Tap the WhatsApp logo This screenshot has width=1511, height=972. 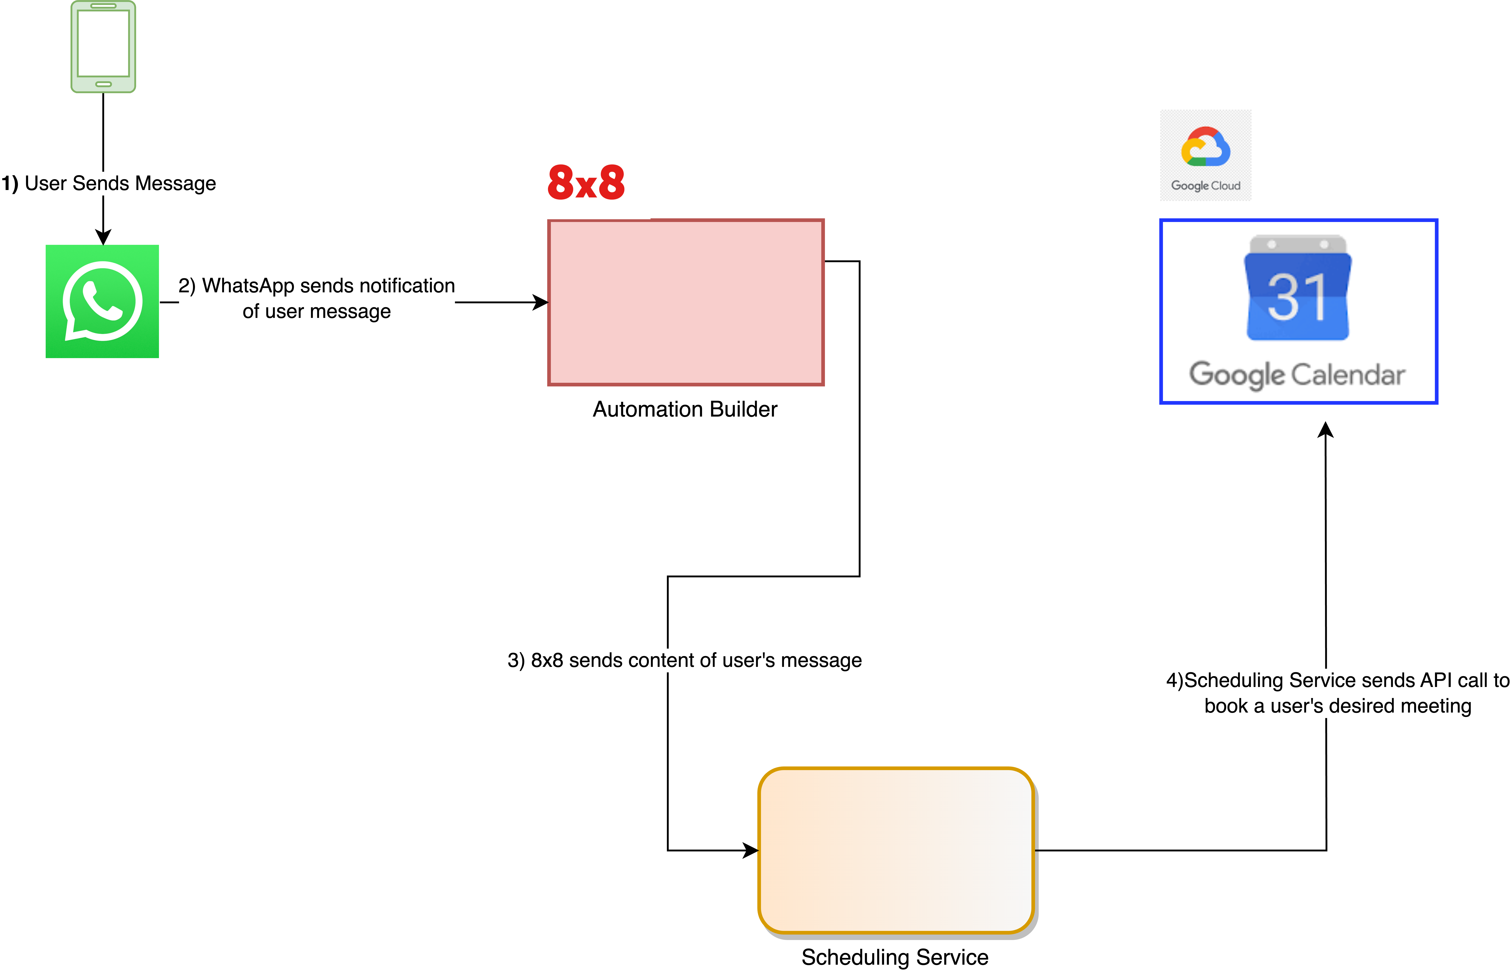[102, 301]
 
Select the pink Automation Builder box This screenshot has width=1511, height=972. [686, 302]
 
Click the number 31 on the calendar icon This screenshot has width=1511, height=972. [1297, 297]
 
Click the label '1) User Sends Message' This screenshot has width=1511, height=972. [109, 183]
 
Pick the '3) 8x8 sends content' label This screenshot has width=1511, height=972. [684, 660]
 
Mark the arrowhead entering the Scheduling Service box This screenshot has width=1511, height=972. [751, 850]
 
